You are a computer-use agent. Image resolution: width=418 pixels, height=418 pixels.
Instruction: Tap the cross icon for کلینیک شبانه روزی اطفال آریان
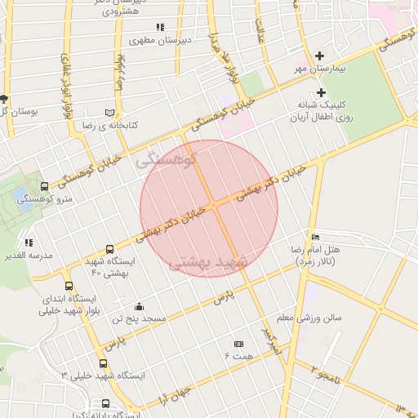point(321,92)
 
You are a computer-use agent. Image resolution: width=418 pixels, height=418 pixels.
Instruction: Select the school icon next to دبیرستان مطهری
point(159,27)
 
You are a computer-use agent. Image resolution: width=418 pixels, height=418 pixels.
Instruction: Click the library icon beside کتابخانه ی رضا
point(111,112)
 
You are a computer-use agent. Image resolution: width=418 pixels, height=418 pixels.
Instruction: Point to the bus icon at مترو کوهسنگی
point(44,186)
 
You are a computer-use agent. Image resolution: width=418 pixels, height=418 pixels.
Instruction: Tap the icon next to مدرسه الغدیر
point(29,242)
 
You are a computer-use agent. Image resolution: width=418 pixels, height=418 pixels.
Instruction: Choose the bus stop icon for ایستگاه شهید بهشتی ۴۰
point(110,250)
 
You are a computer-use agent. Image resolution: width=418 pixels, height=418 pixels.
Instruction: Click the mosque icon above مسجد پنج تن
point(139,307)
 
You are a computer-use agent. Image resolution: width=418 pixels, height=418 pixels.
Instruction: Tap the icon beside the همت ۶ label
point(238,345)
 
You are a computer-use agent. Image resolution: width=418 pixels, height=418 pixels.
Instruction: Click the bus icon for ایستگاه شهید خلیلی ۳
point(103,364)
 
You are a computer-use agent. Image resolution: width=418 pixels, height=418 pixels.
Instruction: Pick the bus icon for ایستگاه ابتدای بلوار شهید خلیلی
point(69,286)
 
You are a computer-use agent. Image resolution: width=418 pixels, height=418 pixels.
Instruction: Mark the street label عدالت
point(261,30)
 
